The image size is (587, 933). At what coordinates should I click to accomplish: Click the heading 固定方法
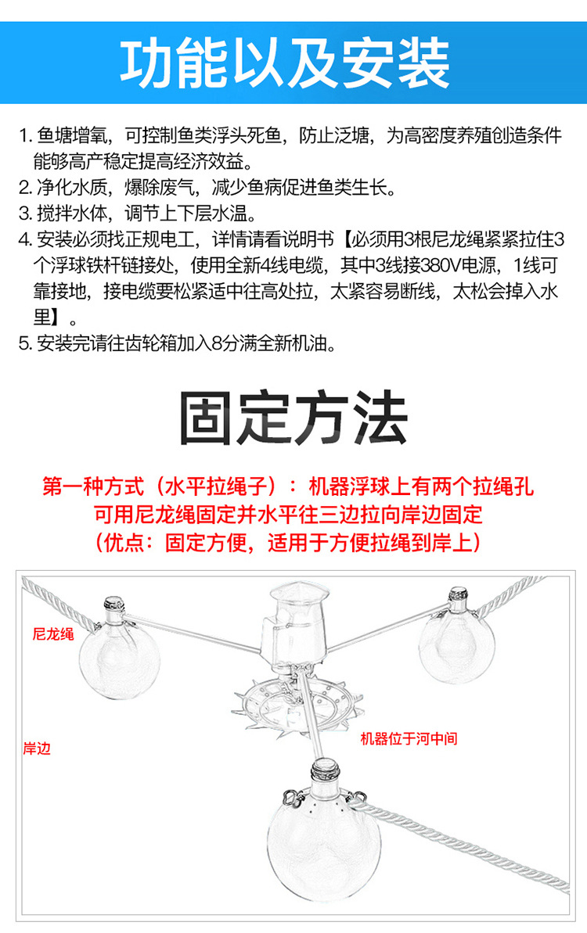[x=293, y=419]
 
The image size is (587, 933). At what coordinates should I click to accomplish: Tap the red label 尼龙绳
[x=53, y=634]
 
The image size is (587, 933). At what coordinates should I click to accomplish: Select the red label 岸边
[x=37, y=748]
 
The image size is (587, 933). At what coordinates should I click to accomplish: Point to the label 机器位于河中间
[x=409, y=738]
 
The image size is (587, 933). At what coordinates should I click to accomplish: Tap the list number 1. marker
[x=25, y=135]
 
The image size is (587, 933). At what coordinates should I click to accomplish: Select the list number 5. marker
[x=25, y=344]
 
